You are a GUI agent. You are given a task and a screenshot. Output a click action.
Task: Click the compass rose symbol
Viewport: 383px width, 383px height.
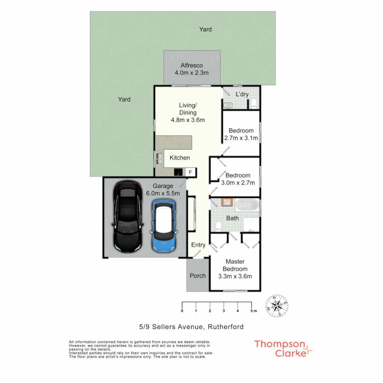pyautogui.click(x=277, y=305)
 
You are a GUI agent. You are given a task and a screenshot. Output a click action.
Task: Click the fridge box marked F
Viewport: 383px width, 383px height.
pyautogui.click(x=190, y=172)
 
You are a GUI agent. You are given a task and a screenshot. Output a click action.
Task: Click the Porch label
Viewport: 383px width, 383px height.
pyautogui.click(x=198, y=276)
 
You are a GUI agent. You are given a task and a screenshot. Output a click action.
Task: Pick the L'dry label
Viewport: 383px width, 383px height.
pyautogui.click(x=242, y=94)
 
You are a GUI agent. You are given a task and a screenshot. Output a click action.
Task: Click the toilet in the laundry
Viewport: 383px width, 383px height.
pyautogui.click(x=253, y=104)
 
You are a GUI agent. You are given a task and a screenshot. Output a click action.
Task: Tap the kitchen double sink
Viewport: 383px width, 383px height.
pyautogui.click(x=158, y=158)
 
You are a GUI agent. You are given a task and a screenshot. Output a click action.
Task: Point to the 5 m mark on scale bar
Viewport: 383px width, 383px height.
pyautogui.click(x=252, y=311)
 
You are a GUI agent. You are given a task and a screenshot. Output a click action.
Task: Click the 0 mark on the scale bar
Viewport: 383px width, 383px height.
pyautogui.click(x=182, y=311)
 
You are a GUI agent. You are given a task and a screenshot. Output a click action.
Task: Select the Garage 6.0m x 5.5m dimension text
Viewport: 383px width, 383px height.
pyautogui.click(x=163, y=193)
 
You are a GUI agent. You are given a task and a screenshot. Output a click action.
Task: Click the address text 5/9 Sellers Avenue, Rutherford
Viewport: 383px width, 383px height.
pyautogui.click(x=191, y=327)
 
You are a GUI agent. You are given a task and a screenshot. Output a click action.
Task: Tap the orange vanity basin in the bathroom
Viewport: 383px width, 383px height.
pyautogui.click(x=226, y=203)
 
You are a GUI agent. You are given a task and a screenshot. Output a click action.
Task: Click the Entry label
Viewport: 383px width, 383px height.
pyautogui.click(x=198, y=245)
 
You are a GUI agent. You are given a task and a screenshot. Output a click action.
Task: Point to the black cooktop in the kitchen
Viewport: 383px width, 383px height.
pyautogui.click(x=179, y=172)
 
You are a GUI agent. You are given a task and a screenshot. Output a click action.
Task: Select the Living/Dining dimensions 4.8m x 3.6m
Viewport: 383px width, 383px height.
pyautogui.click(x=188, y=120)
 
